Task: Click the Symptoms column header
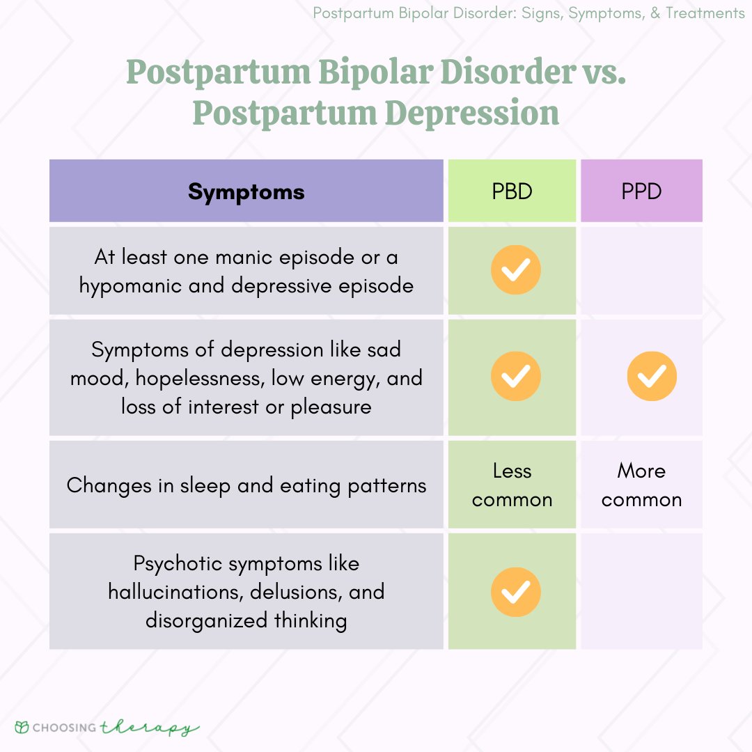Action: (x=246, y=191)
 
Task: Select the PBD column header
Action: (x=512, y=191)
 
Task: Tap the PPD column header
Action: (x=641, y=191)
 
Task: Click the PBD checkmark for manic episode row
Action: (x=515, y=269)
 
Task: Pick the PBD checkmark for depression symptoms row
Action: (x=515, y=376)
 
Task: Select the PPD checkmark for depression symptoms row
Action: (x=652, y=376)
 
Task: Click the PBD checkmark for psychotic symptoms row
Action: (x=515, y=592)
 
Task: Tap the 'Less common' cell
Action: (x=512, y=485)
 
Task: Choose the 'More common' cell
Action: (x=641, y=485)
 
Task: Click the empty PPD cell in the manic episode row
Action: (x=641, y=270)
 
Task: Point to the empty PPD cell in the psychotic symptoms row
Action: (x=641, y=591)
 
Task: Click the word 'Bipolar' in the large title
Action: (x=375, y=73)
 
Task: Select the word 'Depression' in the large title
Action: (x=471, y=113)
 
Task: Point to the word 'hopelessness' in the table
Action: (x=200, y=378)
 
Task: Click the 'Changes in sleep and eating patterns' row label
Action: (x=246, y=486)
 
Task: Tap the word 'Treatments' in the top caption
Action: (x=705, y=13)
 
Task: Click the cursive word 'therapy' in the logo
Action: (x=150, y=728)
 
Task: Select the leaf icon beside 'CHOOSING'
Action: (x=22, y=727)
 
